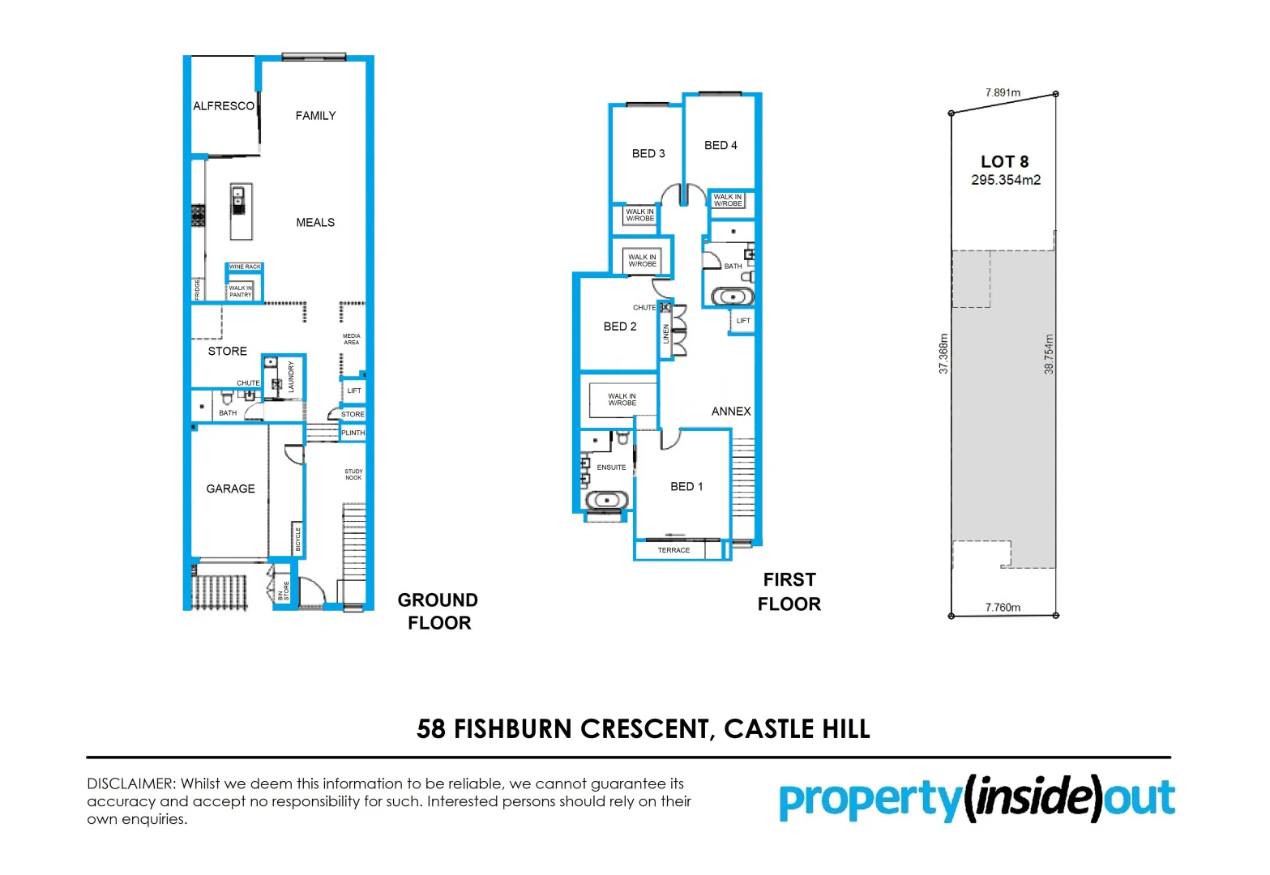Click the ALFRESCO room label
pyautogui.click(x=224, y=106)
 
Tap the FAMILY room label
pyautogui.click(x=315, y=116)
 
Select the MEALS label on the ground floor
pyautogui.click(x=315, y=223)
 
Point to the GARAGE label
pyautogui.click(x=230, y=489)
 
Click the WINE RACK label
pyautogui.click(x=245, y=267)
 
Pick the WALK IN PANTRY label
pyautogui.click(x=240, y=292)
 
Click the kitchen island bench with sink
pyautogui.click(x=240, y=211)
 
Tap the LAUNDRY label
pyautogui.click(x=291, y=378)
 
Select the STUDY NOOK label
pyautogui.click(x=353, y=475)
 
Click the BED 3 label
pyautogui.click(x=648, y=153)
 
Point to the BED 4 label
pyautogui.click(x=721, y=145)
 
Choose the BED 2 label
pyautogui.click(x=620, y=327)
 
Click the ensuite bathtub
pyautogui.click(x=606, y=501)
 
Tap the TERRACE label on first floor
pyautogui.click(x=673, y=550)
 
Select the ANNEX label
pyautogui.click(x=731, y=412)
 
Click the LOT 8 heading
pyautogui.click(x=1004, y=162)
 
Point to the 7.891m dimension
pyautogui.click(x=1003, y=92)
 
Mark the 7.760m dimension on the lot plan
pyautogui.click(x=1003, y=608)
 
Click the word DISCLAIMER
pyautogui.click(x=130, y=783)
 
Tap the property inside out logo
pyautogui.click(x=977, y=799)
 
